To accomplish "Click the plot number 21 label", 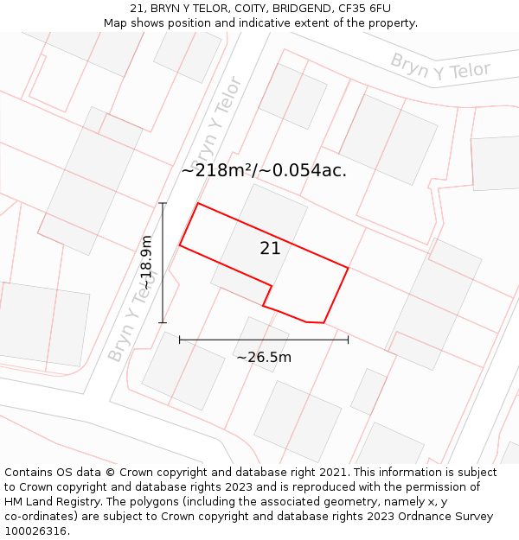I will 270,249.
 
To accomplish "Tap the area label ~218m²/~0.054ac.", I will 264,171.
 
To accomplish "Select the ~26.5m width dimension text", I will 264,358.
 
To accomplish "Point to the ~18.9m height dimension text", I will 147,262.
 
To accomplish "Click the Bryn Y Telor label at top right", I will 440,67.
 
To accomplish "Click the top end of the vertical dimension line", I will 163,203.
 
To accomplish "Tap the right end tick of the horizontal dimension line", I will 348,340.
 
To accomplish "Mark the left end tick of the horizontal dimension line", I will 180,340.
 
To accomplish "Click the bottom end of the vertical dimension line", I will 163,322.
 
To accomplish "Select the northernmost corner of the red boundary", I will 198,204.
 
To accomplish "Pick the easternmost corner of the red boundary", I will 348,268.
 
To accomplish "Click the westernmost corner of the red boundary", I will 180,246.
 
